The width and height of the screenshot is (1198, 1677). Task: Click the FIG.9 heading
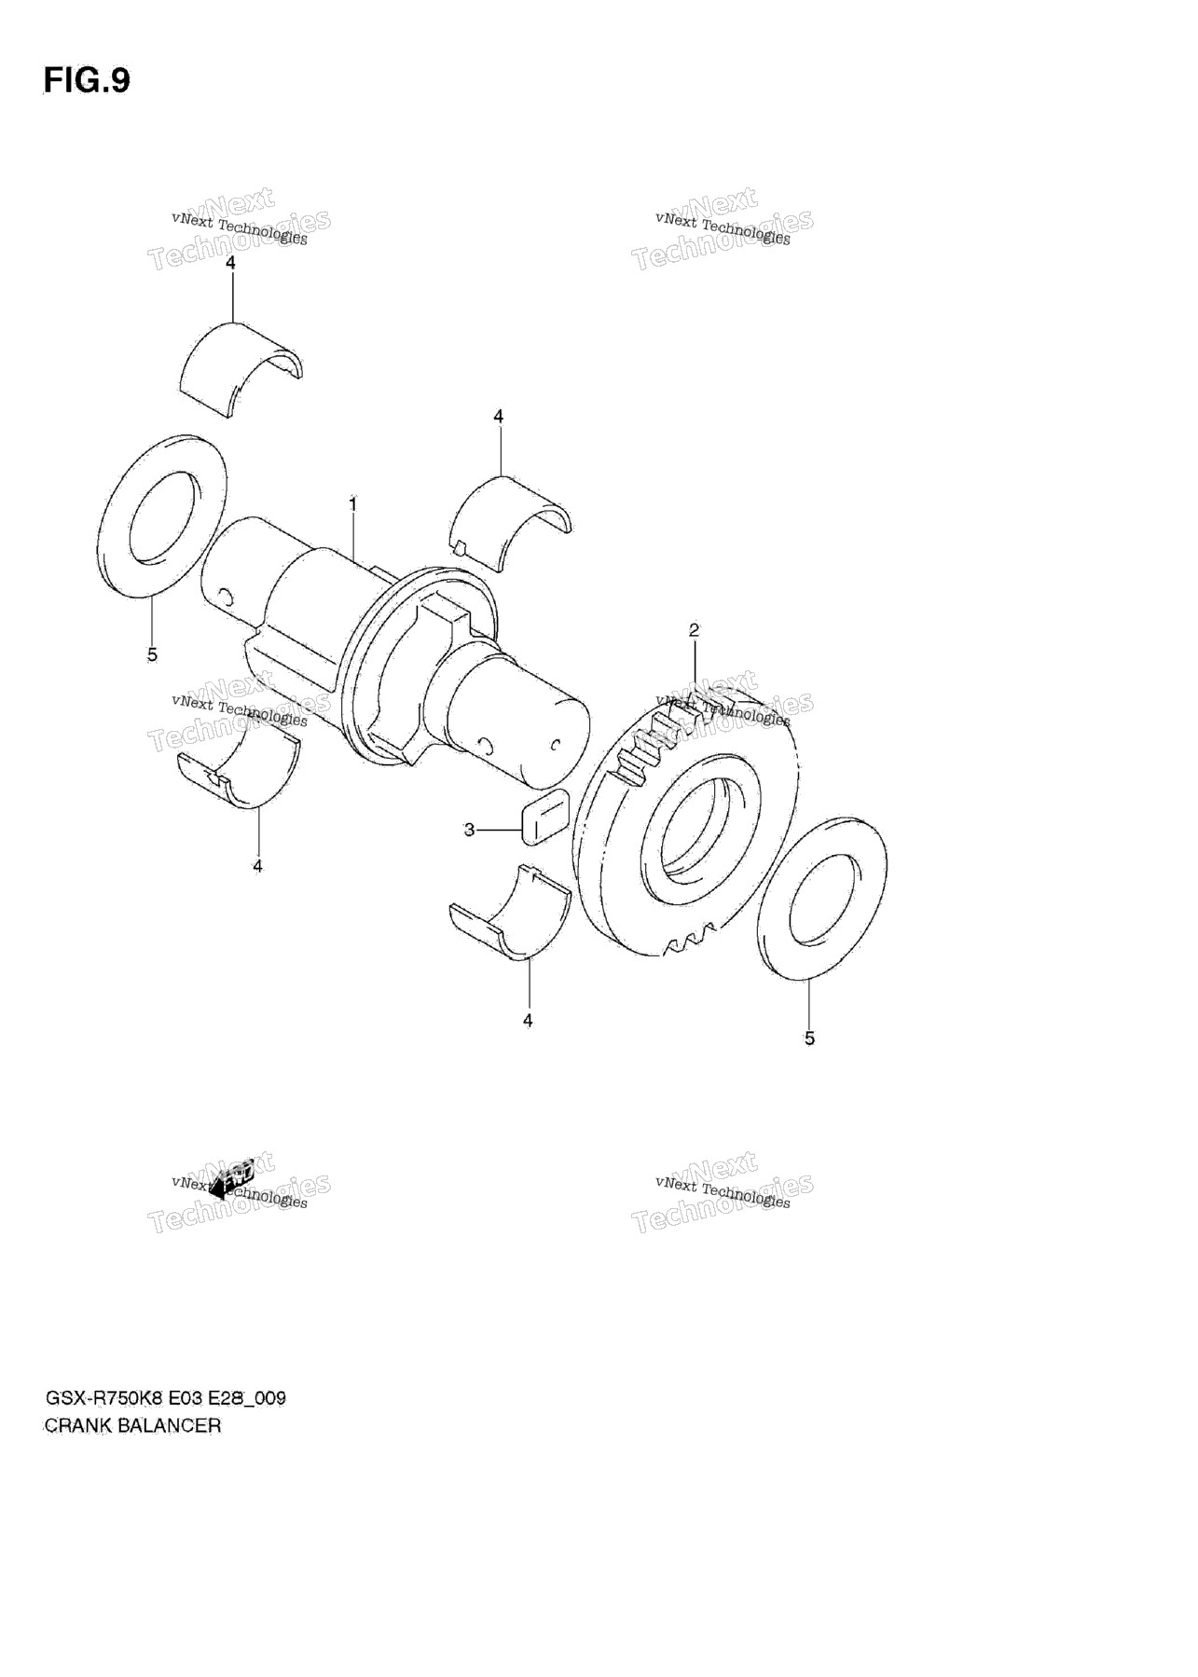tap(87, 81)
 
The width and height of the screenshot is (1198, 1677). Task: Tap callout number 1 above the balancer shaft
tap(353, 503)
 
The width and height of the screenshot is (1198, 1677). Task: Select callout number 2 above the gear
tap(694, 630)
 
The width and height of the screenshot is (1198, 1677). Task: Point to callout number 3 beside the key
tap(470, 829)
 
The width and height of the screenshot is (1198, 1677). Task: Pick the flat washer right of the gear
tap(821, 898)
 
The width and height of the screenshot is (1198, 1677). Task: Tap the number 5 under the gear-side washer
tap(809, 1038)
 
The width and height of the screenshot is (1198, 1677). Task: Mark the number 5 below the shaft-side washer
tap(152, 654)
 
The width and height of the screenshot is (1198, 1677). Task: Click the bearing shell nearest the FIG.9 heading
tap(239, 368)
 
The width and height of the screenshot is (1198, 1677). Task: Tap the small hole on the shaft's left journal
tap(225, 594)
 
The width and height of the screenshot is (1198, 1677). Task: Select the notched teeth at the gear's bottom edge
tap(690, 936)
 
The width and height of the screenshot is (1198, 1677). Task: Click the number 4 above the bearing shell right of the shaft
tap(499, 416)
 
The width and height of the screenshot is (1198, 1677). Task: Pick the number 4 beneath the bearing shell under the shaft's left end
tap(257, 866)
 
